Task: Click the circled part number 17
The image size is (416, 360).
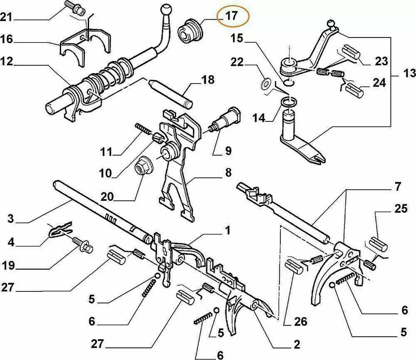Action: [x=231, y=16]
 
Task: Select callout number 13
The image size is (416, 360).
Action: [x=409, y=74]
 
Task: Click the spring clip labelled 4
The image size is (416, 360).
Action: [x=59, y=229]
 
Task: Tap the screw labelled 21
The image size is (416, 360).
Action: [x=73, y=7]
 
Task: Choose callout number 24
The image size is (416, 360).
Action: [x=379, y=82]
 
